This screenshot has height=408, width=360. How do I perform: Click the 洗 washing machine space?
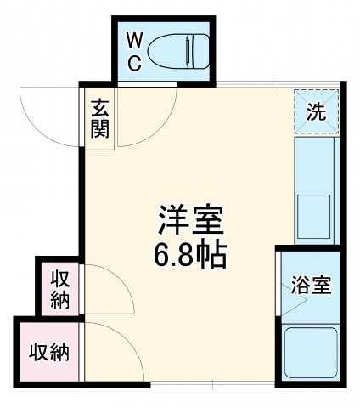click(315, 110)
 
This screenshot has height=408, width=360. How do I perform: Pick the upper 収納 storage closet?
click(59, 289)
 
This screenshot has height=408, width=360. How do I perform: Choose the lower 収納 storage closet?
click(48, 351)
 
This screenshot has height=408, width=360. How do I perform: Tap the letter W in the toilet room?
click(135, 39)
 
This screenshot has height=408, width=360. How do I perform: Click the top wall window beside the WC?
click(255, 83)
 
